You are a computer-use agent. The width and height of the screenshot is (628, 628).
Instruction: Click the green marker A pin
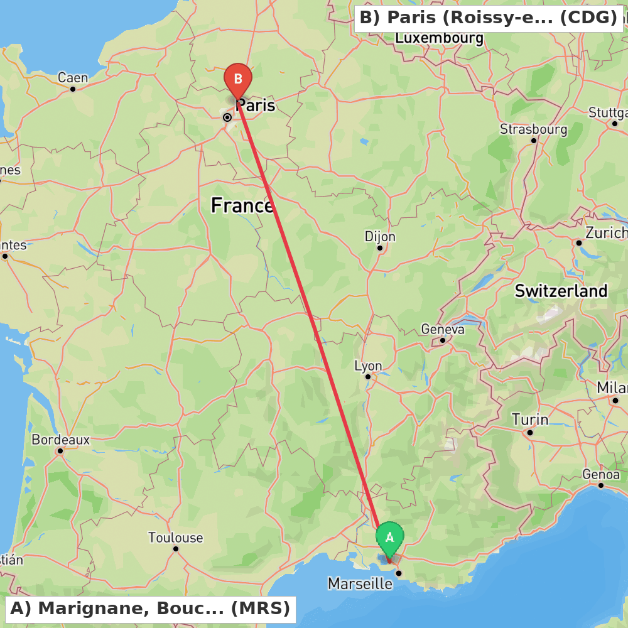[389, 538]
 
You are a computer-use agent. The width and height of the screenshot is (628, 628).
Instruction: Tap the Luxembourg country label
[439, 38]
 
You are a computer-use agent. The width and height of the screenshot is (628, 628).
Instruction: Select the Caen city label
[73, 78]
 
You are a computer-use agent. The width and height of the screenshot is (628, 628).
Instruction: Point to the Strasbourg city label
[533, 129]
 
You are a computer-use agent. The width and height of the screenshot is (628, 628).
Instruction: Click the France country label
[242, 205]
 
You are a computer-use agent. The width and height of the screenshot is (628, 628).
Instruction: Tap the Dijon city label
[380, 237]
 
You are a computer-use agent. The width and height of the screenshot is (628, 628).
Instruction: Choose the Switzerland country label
[561, 291]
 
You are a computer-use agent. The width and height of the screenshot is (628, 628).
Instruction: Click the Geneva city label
[443, 329]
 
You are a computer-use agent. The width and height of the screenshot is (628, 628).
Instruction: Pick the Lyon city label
[368, 365]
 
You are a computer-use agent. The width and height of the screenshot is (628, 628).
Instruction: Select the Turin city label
[529, 420]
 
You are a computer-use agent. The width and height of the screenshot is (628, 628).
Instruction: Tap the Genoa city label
[601, 474]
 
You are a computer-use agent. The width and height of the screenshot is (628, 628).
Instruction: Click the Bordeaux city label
[60, 440]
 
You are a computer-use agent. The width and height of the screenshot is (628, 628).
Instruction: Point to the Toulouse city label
[175, 538]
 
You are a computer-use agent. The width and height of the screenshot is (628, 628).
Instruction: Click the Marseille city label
[360, 584]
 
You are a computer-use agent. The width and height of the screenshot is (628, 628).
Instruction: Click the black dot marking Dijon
[380, 248]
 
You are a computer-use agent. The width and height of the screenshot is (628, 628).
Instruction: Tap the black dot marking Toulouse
[176, 549]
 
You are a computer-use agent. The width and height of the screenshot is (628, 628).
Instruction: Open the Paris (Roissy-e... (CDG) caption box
[489, 18]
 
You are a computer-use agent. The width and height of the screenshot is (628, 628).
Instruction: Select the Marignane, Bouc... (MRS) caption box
[150, 609]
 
